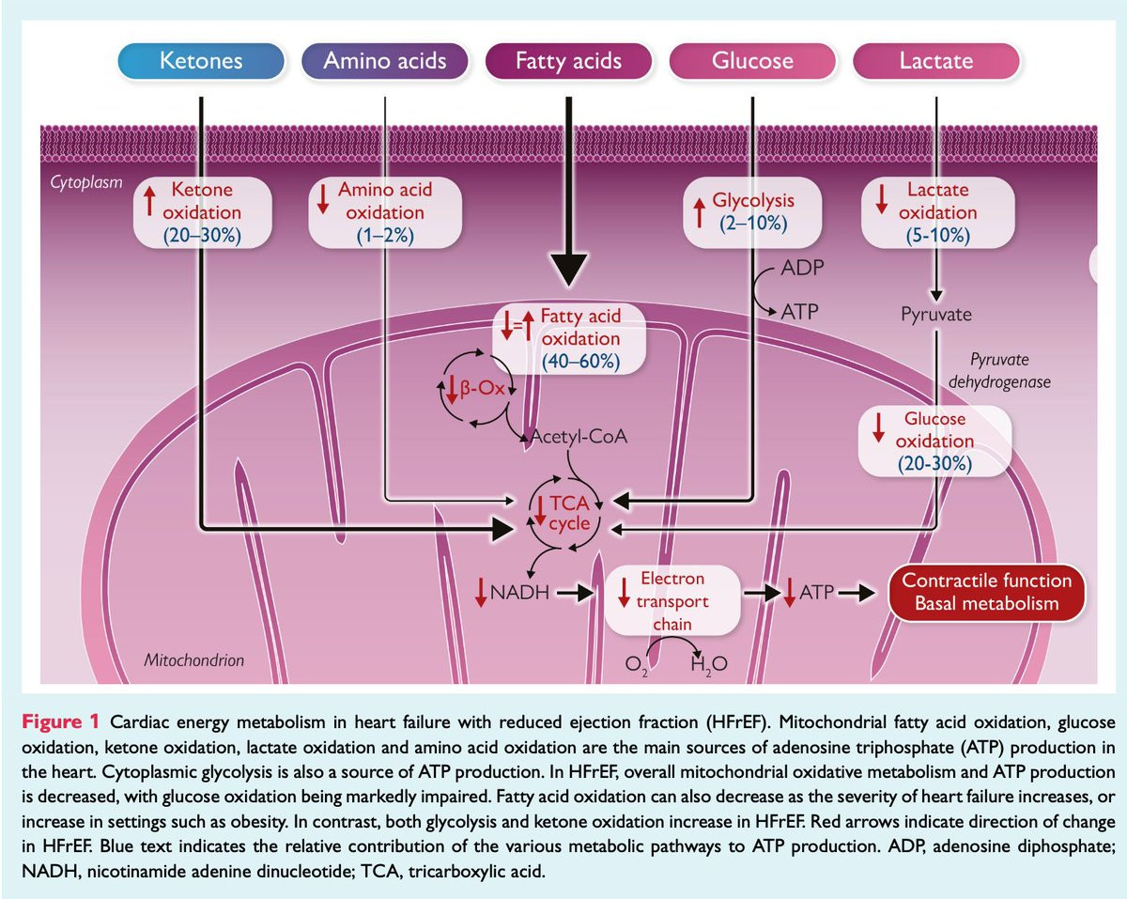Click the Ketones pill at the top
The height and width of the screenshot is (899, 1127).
201,62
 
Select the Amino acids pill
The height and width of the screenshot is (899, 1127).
385,62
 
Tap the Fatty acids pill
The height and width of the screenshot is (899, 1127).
569,62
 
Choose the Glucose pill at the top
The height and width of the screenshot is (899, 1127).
751,62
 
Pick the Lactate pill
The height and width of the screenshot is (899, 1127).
936,62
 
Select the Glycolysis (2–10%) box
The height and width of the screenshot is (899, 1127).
752,212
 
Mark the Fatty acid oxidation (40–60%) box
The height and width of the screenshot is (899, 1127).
570,338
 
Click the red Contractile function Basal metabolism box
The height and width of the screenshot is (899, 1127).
986,592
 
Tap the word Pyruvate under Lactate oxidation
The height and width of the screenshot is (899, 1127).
934,314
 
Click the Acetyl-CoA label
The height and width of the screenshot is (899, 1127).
579,436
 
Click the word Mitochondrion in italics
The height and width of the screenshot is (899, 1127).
193,660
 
